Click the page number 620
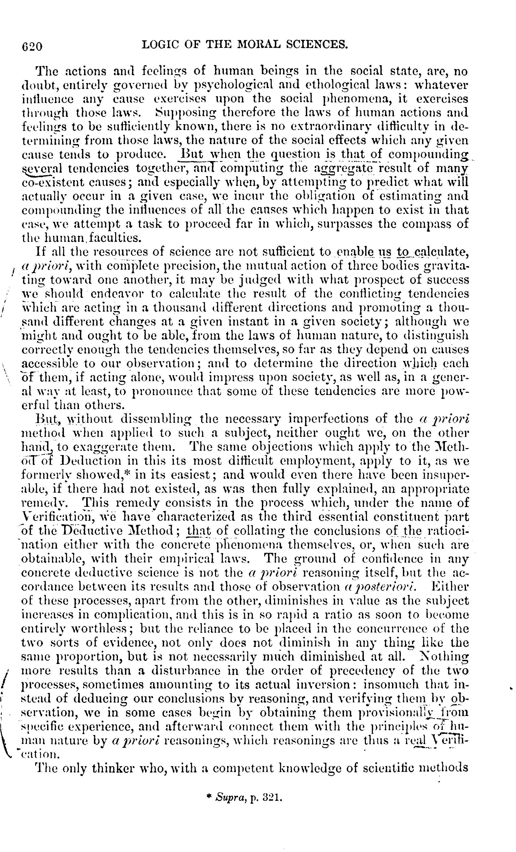point(32,46)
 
